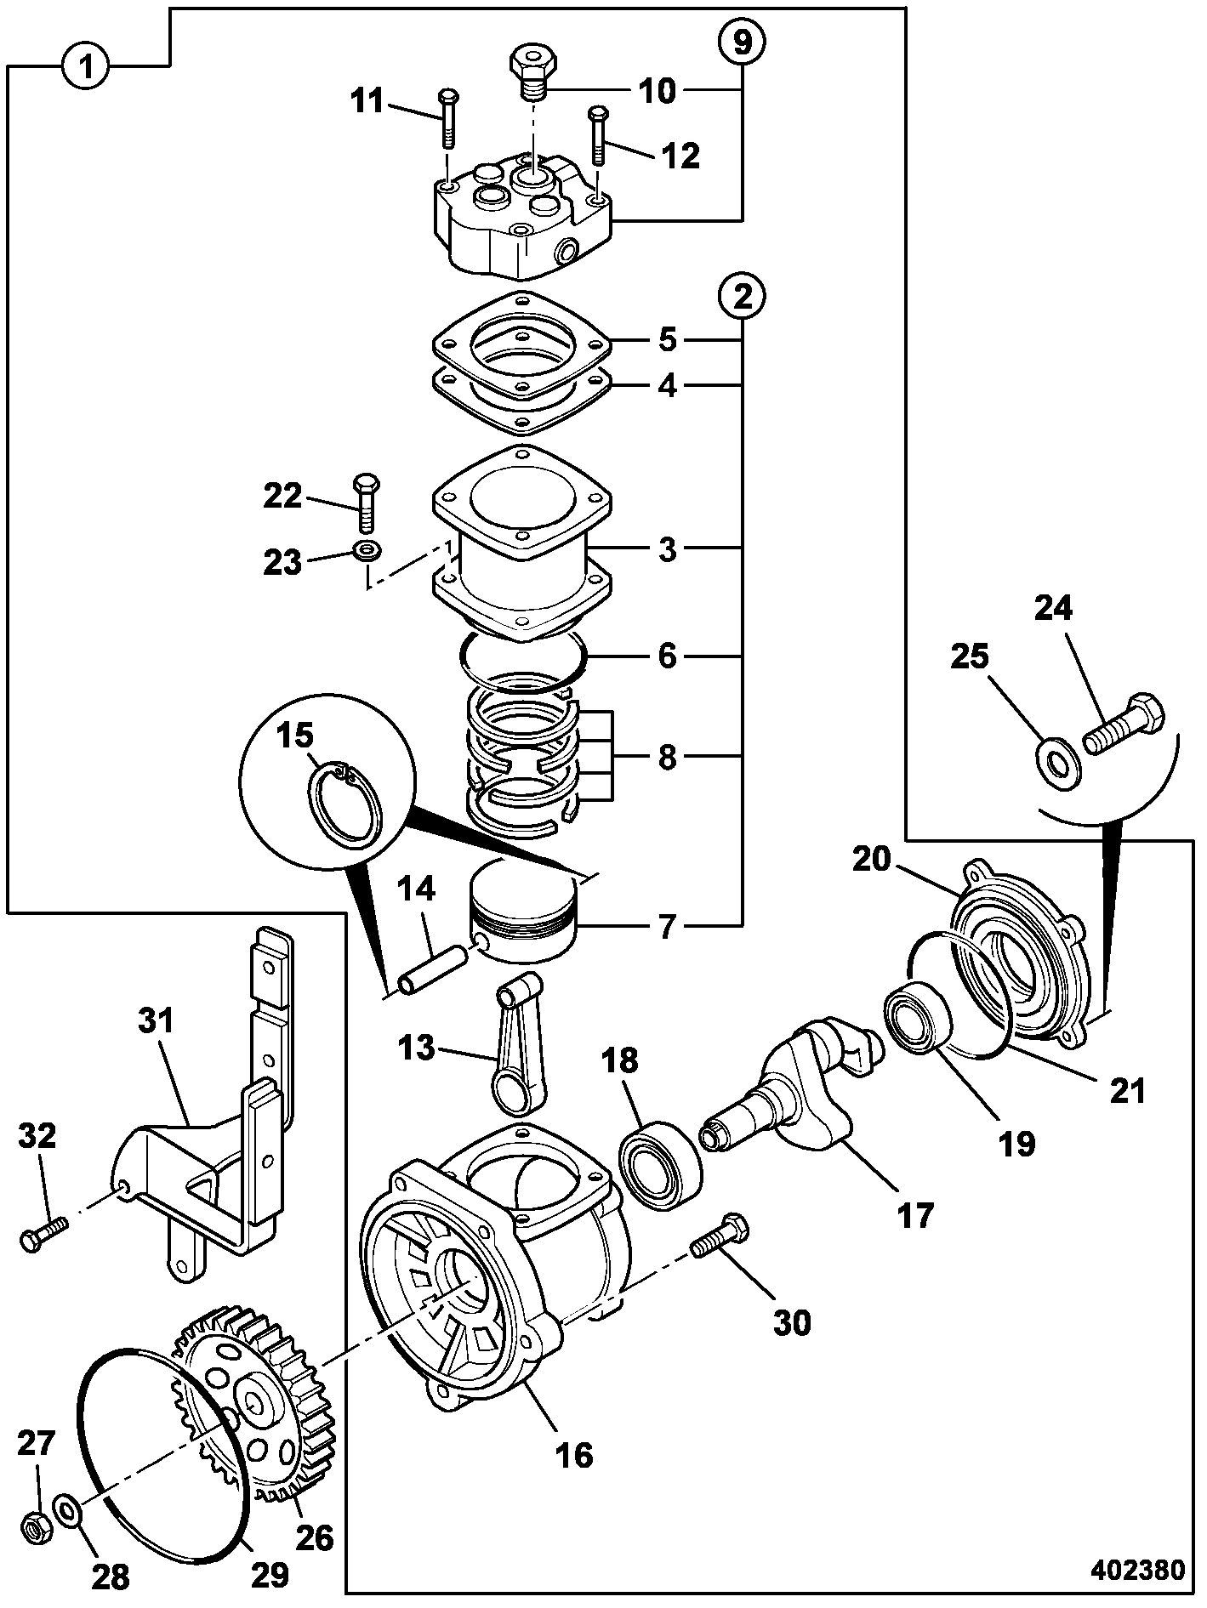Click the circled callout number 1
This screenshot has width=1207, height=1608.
pyautogui.click(x=85, y=65)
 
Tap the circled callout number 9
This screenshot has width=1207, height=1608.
pyautogui.click(x=742, y=43)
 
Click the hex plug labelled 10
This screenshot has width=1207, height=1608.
pyautogui.click(x=533, y=71)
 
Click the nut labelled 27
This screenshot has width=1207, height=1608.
pyautogui.click(x=37, y=1527)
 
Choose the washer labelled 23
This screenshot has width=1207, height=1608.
pyautogui.click(x=367, y=549)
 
